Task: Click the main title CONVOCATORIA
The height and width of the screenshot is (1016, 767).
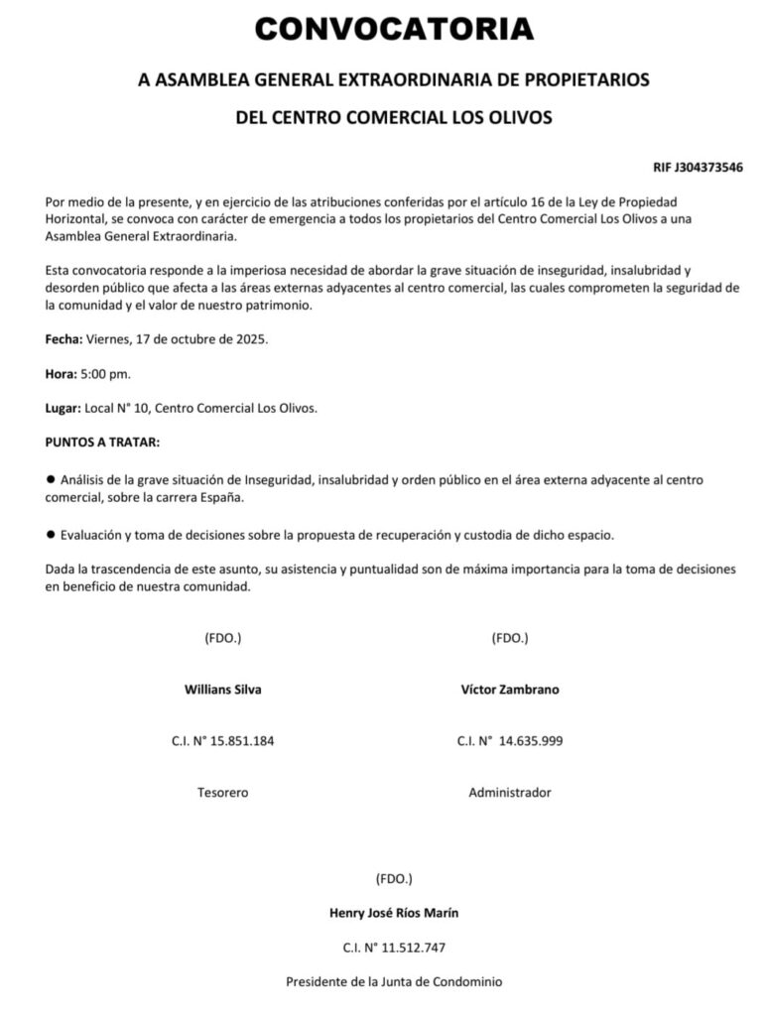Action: (394, 29)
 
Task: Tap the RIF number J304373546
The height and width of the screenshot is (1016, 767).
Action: (699, 167)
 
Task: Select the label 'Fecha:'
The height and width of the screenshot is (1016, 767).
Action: (64, 339)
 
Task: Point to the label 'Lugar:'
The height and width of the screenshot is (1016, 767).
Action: (64, 408)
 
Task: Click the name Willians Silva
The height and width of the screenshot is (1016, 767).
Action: (223, 690)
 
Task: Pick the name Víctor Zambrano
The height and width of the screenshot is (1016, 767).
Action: (510, 690)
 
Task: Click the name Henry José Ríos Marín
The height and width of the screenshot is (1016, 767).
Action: (394, 913)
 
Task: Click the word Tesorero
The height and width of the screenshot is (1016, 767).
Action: (223, 793)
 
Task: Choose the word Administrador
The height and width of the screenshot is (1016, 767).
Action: (510, 793)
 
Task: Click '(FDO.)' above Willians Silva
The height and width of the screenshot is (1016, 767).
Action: (222, 638)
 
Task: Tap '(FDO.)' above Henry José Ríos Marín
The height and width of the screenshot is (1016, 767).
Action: (394, 879)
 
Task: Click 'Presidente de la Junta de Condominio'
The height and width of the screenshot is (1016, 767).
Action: (394, 982)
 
